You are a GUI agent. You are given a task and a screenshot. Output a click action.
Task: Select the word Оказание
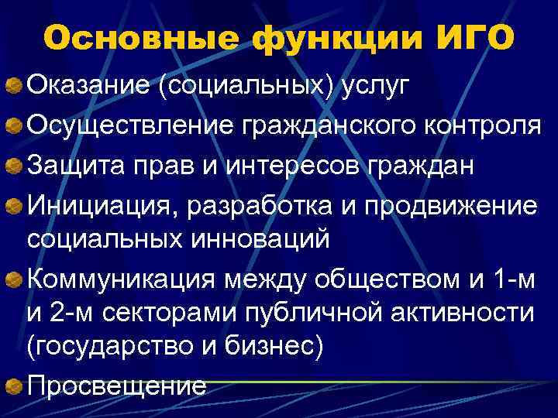tap(88, 84)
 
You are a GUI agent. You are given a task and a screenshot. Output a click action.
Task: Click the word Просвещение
tap(116, 385)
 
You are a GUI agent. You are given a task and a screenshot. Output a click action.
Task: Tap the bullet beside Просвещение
tap(14, 385)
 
